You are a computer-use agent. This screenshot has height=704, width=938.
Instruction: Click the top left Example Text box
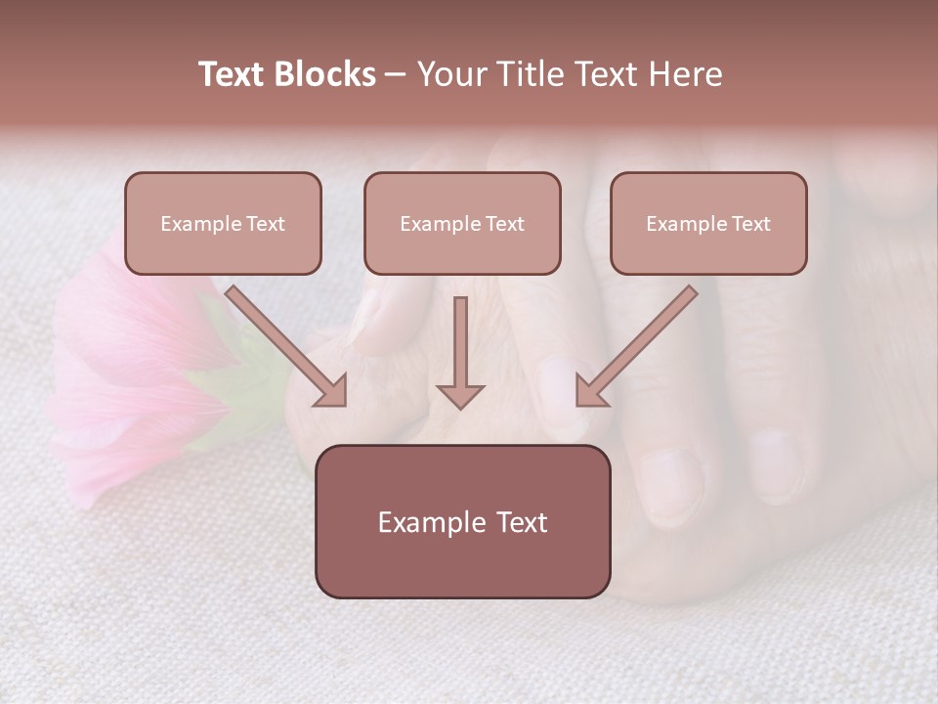pos(223,223)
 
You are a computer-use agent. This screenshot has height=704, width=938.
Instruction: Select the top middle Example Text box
pos(462,223)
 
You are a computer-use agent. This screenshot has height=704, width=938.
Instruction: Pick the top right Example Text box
pos(708,223)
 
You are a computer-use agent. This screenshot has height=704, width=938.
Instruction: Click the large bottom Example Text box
pos(462,521)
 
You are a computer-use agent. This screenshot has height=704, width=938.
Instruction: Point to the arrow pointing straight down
pos(460,352)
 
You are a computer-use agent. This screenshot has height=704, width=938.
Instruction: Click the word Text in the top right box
pos(750,224)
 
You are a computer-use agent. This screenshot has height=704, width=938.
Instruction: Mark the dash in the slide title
pos(396,74)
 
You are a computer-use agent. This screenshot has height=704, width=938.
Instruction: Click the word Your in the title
pos(450,74)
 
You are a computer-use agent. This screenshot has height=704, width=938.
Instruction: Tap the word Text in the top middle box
pos(504,224)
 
